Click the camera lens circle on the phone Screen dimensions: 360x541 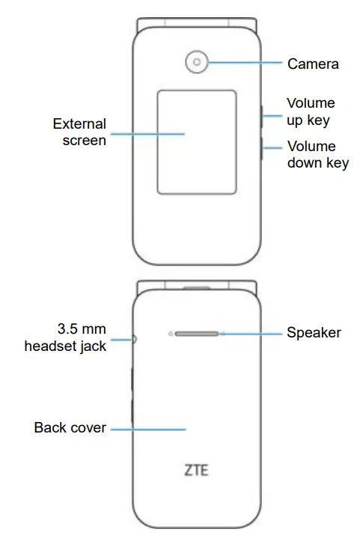(x=197, y=62)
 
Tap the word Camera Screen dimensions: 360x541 (x=313, y=64)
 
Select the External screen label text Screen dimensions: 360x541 (x=79, y=132)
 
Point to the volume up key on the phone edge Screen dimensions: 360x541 (x=261, y=117)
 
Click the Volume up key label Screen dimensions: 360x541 (x=311, y=111)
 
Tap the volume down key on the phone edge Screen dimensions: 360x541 (x=261, y=148)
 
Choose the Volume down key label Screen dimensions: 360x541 (x=318, y=155)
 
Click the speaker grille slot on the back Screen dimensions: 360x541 (x=197, y=334)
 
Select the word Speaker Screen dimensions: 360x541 (x=314, y=332)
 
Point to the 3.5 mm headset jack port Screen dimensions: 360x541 (x=134, y=340)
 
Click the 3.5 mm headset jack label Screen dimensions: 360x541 (x=65, y=337)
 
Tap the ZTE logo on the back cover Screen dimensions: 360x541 (x=196, y=470)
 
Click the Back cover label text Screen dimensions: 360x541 (x=70, y=427)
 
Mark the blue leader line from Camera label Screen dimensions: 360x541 (x=245, y=62)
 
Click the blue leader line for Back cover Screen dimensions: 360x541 (x=148, y=430)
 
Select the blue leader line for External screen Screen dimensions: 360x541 (x=147, y=134)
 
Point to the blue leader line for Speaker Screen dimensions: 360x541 (x=251, y=334)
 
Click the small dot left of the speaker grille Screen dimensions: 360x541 (x=170, y=334)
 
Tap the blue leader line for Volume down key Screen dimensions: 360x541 (x=272, y=148)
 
